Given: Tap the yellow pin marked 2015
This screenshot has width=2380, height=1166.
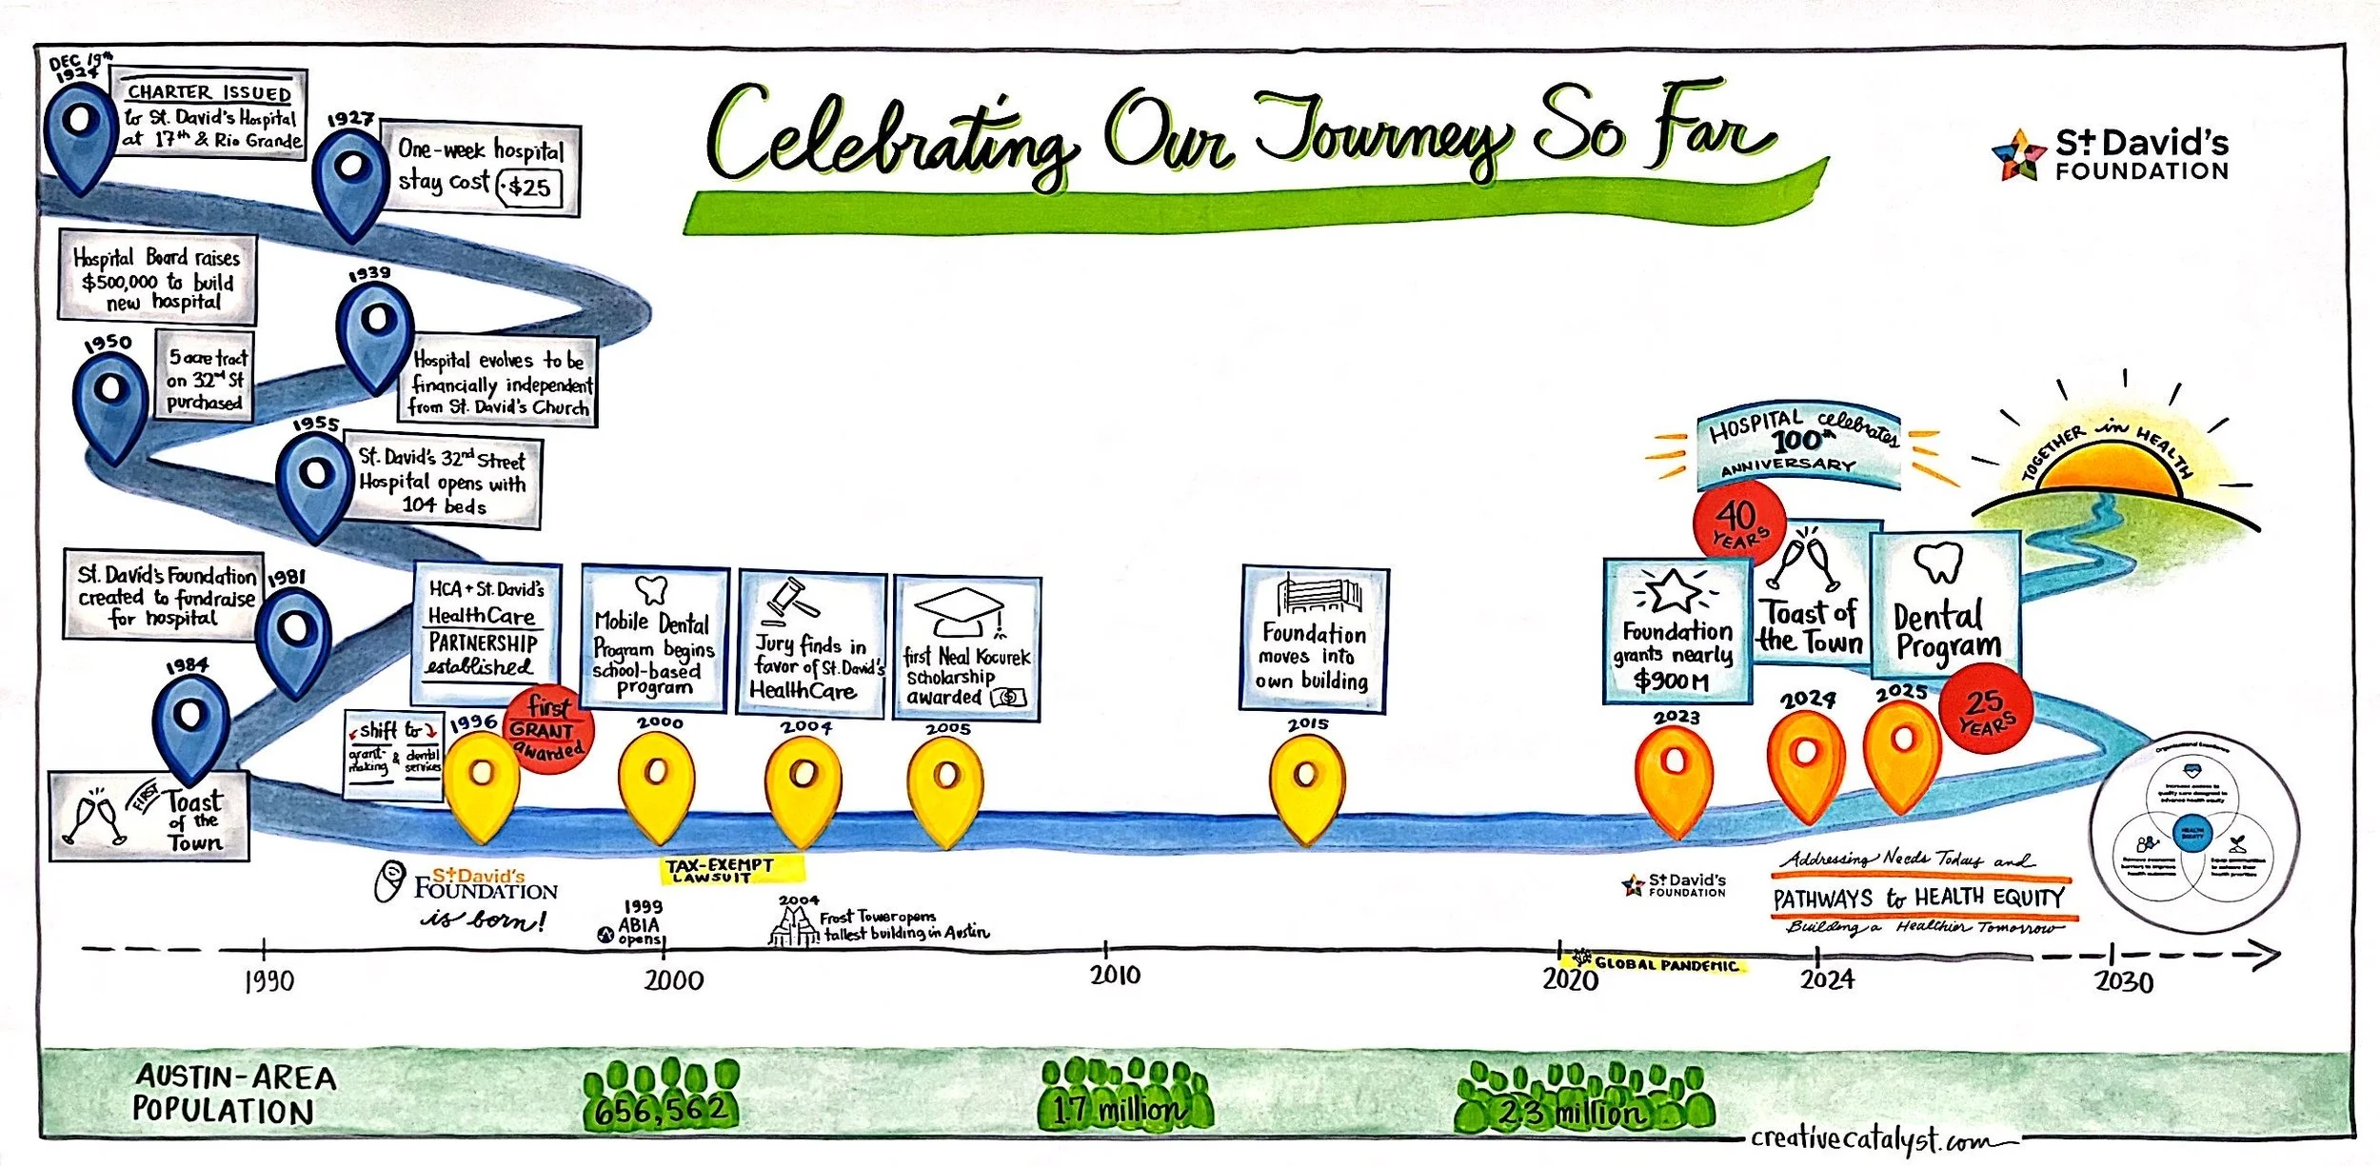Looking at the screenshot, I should click(x=1306, y=784).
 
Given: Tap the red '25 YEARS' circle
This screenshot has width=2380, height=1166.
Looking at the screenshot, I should click(x=1986, y=710).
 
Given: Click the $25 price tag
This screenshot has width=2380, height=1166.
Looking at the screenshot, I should click(x=529, y=188).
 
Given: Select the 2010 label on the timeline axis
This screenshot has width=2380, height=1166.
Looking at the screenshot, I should click(x=1115, y=975).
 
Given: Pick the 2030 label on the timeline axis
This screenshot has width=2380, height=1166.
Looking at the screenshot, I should click(x=2123, y=981).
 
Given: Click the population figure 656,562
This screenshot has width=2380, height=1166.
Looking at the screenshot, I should click(x=661, y=1109).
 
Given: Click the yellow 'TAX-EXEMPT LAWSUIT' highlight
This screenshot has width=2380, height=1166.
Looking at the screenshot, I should click(x=732, y=869).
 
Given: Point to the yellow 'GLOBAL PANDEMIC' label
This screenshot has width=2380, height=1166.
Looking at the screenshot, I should click(x=1666, y=964).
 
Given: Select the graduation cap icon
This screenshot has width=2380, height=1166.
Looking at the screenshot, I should click(x=959, y=609).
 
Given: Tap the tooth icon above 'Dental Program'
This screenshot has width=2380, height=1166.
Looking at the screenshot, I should click(x=1938, y=563).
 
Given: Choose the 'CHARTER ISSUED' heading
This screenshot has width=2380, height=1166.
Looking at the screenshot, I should click(x=209, y=92).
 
